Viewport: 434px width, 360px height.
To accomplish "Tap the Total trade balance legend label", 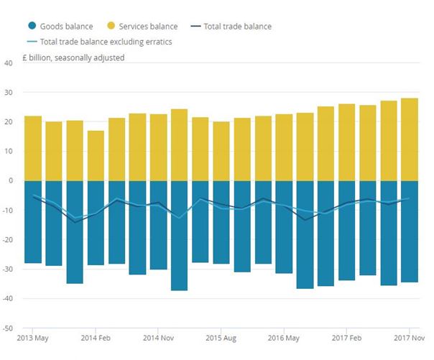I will coord(237,27).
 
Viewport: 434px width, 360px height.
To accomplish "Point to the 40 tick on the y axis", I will coord(9,63).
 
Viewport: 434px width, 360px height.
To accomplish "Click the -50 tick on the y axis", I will coord(9,328).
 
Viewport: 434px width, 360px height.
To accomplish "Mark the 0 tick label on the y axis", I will coord(11,180).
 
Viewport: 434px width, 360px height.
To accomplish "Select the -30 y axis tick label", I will coord(9,269).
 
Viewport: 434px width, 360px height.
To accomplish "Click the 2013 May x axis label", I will coord(32,337).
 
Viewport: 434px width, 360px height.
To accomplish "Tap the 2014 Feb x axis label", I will coord(96,337).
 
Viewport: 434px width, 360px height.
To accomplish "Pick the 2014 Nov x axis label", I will coord(158,337).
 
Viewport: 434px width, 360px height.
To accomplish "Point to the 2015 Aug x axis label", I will coord(221,337).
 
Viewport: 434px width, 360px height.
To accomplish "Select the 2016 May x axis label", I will coord(284,337).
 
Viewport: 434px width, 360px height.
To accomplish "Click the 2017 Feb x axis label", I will coord(347,337).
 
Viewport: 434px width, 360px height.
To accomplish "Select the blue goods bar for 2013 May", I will coord(33,222).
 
